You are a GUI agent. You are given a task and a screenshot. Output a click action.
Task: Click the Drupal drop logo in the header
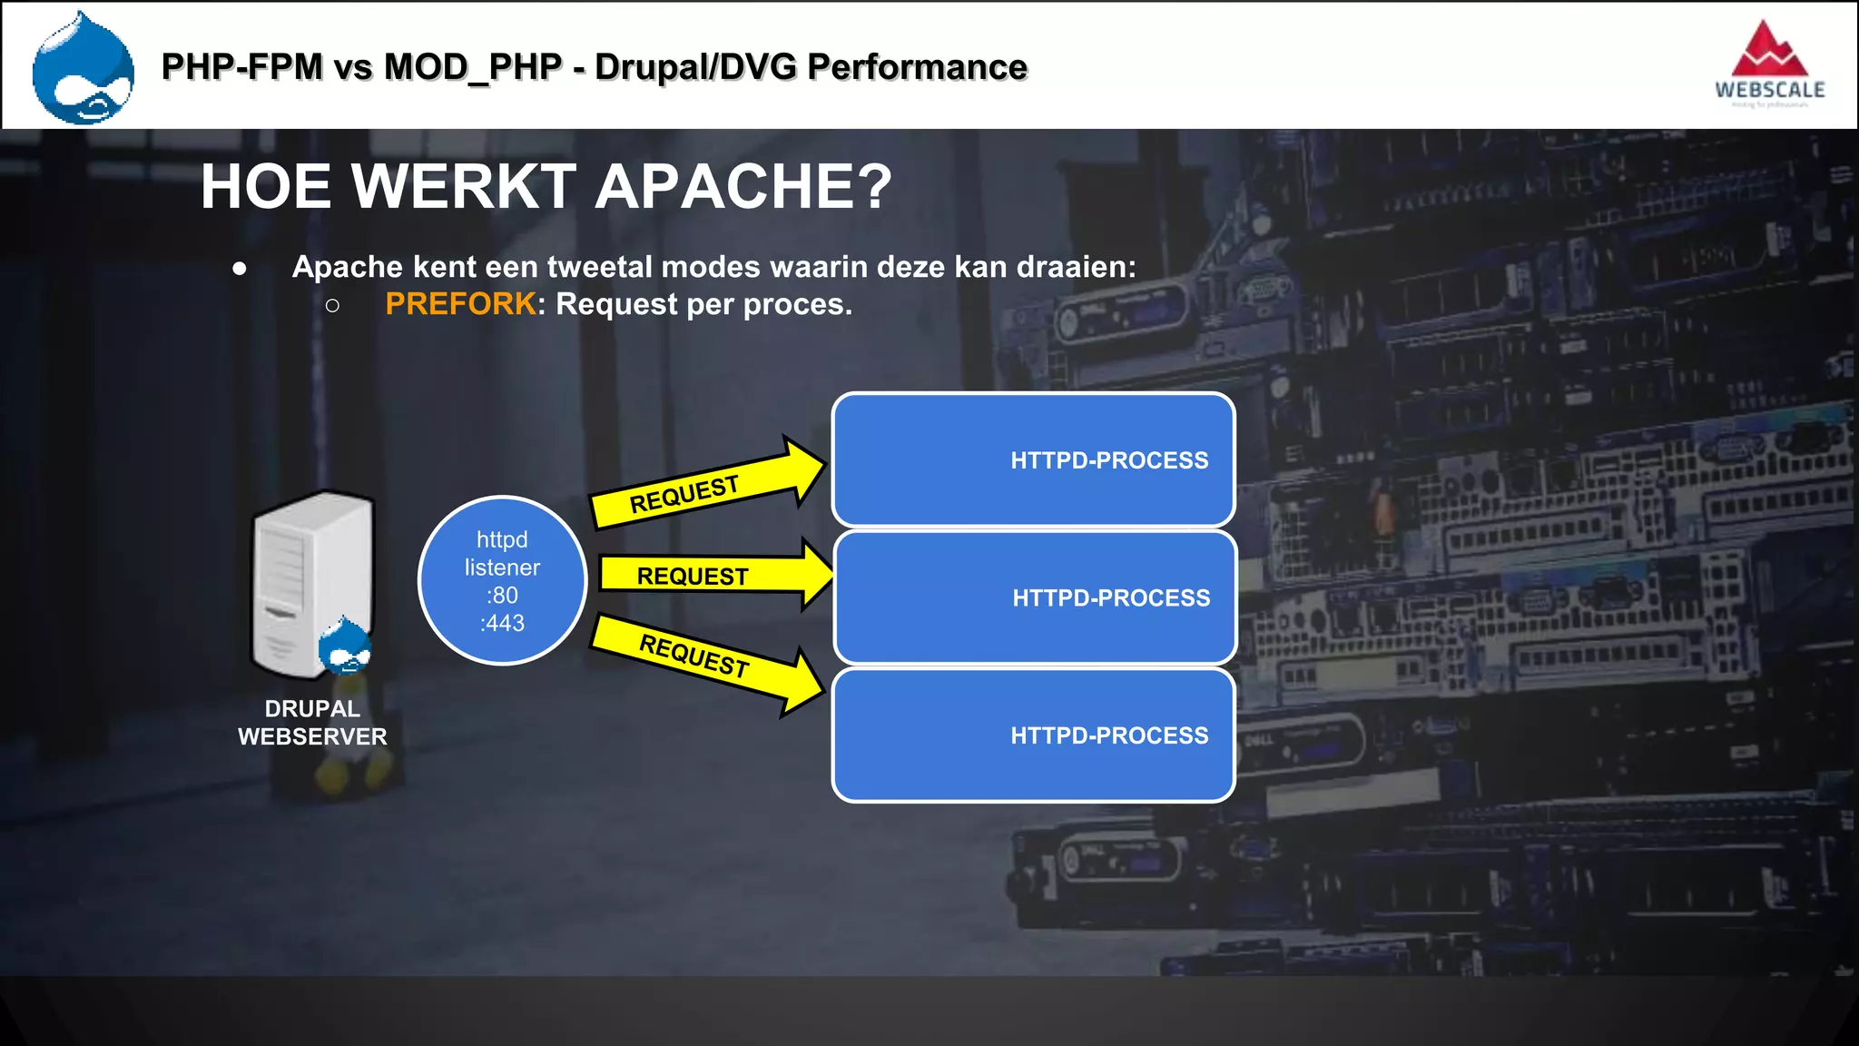point(84,69)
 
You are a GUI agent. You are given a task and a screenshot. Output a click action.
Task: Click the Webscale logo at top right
point(1769,64)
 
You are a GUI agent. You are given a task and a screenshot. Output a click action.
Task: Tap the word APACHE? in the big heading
point(744,187)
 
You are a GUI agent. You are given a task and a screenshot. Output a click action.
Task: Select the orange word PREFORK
point(460,304)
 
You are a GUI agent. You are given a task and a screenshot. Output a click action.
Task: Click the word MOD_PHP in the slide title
point(473,67)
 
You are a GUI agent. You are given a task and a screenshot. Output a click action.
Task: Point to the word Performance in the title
point(917,67)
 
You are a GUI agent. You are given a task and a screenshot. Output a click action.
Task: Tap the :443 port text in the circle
point(502,624)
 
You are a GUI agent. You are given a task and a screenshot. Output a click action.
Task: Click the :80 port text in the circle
point(502,596)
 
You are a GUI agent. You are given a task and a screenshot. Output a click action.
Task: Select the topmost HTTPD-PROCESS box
point(1033,460)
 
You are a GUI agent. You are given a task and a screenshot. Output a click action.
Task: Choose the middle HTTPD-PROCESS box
point(1035,597)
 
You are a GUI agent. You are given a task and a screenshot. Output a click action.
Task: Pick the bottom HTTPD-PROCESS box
point(1033,735)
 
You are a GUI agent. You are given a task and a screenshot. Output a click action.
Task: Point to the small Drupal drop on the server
point(345,646)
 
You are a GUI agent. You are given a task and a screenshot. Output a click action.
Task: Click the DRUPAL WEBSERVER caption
point(312,723)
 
